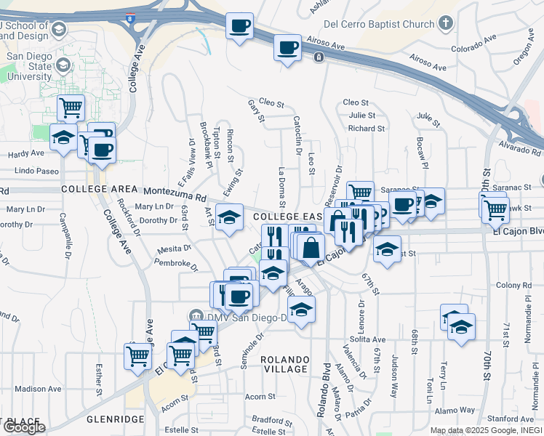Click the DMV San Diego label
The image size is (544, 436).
(x=231, y=316)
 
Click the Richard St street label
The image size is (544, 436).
(x=366, y=129)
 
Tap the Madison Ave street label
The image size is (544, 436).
(x=38, y=389)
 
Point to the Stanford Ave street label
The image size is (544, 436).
(x=511, y=419)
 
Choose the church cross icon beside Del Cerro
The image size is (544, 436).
(x=446, y=23)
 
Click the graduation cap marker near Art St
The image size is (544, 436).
(x=229, y=217)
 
